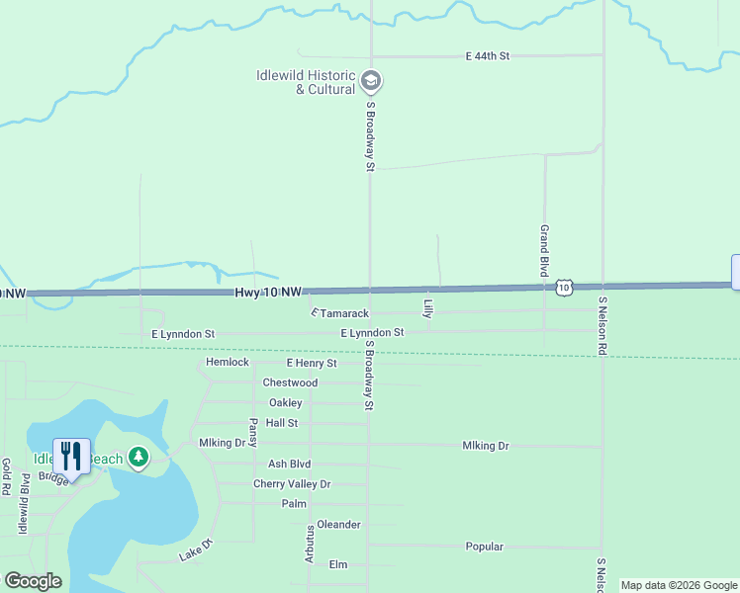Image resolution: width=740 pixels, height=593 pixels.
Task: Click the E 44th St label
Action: (x=487, y=56)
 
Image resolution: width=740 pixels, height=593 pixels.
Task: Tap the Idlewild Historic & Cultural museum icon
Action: (x=371, y=80)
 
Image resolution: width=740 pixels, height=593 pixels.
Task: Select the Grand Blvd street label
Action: (x=544, y=250)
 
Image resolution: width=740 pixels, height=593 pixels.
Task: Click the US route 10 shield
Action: (x=563, y=287)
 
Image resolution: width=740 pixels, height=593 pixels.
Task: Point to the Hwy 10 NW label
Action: (x=268, y=293)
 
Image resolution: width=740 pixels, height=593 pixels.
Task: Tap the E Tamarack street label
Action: (x=339, y=313)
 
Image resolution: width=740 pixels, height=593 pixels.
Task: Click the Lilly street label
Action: (x=427, y=308)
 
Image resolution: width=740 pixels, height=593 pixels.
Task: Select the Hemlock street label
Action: (x=228, y=363)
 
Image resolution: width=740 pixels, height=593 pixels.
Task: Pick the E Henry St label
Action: (x=312, y=363)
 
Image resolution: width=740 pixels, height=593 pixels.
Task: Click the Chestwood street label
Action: (x=290, y=382)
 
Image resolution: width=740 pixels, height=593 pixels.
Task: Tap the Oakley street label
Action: (x=285, y=403)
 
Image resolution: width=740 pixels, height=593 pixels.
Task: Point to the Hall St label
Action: (x=282, y=423)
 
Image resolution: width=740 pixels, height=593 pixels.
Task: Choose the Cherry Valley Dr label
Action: (x=292, y=484)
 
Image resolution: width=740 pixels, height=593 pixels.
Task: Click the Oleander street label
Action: (x=338, y=525)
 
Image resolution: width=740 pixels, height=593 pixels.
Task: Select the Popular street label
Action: (x=485, y=547)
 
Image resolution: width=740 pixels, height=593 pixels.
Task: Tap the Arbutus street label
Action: (x=310, y=544)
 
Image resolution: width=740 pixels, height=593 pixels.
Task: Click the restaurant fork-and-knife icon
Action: (x=71, y=456)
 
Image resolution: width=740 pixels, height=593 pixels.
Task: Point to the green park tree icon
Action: (x=139, y=457)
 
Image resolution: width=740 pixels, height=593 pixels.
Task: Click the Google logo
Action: (x=33, y=581)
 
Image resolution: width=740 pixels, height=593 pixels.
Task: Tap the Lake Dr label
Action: (x=196, y=551)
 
